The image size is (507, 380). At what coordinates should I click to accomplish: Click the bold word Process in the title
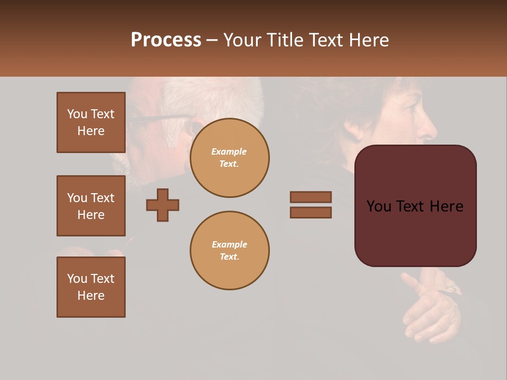pos(166,40)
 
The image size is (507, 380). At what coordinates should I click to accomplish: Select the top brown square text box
pos(91,122)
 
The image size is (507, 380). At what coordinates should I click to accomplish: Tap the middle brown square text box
pos(91,206)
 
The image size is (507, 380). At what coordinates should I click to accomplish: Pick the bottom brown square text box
pos(91,287)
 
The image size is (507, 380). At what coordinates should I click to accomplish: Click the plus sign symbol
pos(163,205)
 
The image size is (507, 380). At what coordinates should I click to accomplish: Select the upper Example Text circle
pos(229,158)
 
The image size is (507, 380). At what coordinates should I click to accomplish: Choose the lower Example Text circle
pos(229,251)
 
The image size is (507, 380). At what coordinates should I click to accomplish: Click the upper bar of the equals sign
pos(311,197)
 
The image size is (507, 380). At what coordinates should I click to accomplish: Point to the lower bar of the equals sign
pos(311,212)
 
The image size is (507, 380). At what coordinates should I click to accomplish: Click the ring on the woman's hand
pos(453,288)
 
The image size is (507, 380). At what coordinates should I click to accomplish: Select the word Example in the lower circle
pos(229,244)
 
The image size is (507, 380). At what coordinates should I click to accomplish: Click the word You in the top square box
pos(77,114)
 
